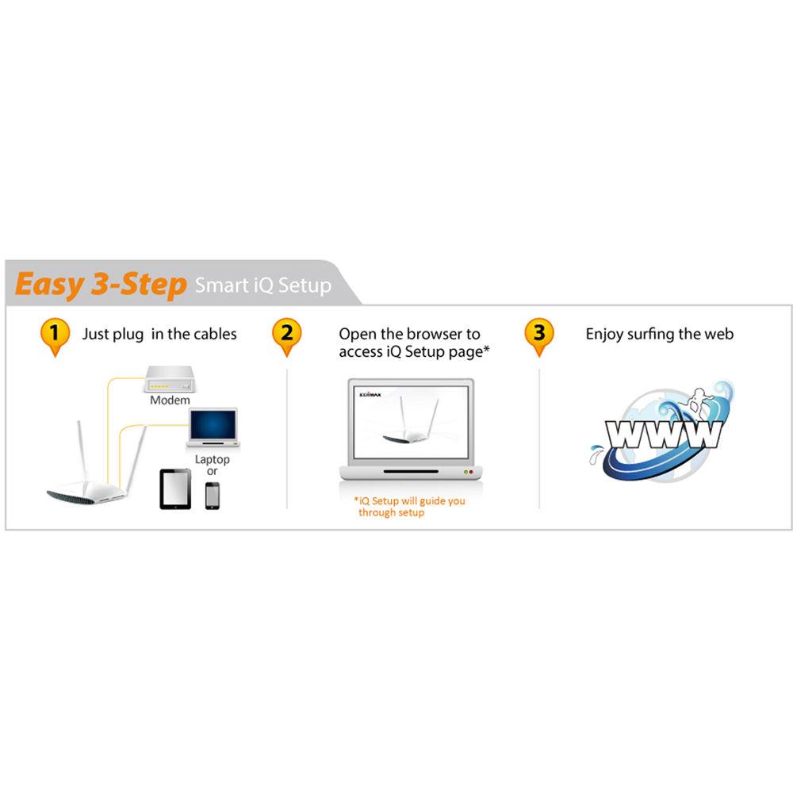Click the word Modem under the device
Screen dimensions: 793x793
[x=170, y=400]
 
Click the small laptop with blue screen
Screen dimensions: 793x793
[x=212, y=428]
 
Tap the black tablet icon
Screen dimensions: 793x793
[x=175, y=488]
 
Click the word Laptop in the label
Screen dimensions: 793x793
[x=212, y=460]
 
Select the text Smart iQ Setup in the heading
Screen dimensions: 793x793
[x=262, y=285]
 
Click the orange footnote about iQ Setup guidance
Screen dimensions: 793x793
[x=409, y=507]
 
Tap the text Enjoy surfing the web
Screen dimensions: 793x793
[x=659, y=334]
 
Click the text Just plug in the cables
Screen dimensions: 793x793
[x=159, y=334]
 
